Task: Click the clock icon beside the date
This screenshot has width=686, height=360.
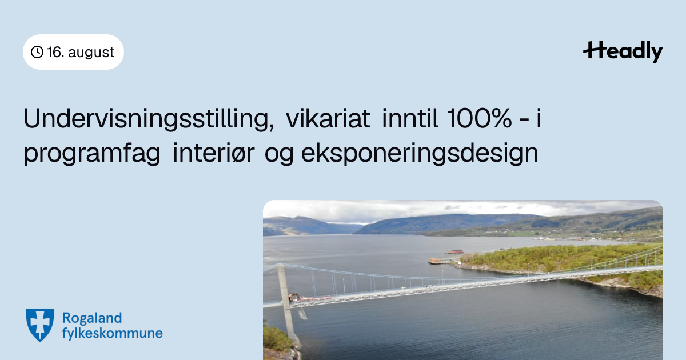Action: [37, 52]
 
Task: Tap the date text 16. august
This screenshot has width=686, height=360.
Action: [81, 52]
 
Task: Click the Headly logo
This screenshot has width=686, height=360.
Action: [623, 51]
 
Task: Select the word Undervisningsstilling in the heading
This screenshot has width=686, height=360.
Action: [149, 119]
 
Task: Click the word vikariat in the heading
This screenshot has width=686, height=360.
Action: [328, 118]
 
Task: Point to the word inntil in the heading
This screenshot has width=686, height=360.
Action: [410, 118]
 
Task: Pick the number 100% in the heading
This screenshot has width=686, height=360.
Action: [479, 118]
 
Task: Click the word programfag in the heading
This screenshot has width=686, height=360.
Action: [92, 154]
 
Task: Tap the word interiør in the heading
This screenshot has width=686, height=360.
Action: [213, 153]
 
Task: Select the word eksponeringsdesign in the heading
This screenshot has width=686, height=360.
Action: [420, 153]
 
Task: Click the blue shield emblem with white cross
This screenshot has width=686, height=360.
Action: [40, 325]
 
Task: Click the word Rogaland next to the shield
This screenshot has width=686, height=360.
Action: [92, 318]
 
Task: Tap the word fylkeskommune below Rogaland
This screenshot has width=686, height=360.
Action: [113, 333]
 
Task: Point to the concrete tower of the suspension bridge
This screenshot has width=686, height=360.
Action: [287, 303]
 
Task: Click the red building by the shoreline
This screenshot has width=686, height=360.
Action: [456, 251]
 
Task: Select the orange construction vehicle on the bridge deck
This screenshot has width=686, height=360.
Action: [294, 297]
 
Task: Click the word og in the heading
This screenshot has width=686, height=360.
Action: [279, 155]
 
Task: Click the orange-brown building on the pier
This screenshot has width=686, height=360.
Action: [435, 261]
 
